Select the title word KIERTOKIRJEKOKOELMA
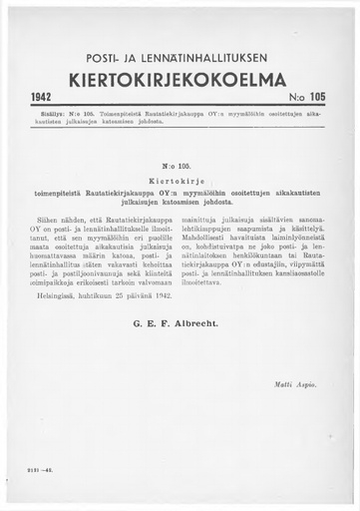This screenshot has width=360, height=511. coord(180,79)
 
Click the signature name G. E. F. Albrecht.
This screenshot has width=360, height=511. coord(180,322)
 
